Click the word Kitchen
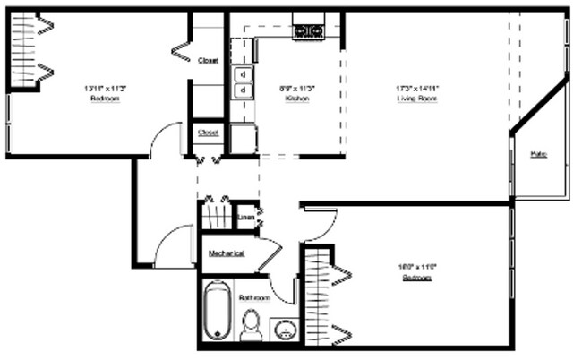[x=297, y=99]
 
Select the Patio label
[x=538, y=154]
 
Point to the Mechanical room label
[x=227, y=253]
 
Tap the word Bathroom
[x=254, y=297]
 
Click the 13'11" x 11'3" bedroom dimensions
[x=105, y=88]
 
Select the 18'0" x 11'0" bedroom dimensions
[x=417, y=267]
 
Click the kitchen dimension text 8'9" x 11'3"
[x=297, y=88]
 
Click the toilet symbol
[x=252, y=324]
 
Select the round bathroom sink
[x=286, y=329]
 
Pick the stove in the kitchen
[x=308, y=31]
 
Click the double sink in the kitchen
[x=242, y=82]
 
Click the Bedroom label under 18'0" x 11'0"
[x=417, y=279]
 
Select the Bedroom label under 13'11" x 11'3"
[x=105, y=99]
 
